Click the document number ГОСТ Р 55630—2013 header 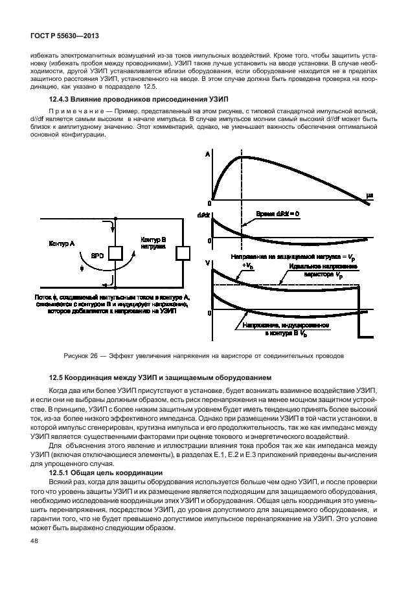(x=62, y=38)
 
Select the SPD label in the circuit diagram (x=96, y=254)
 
